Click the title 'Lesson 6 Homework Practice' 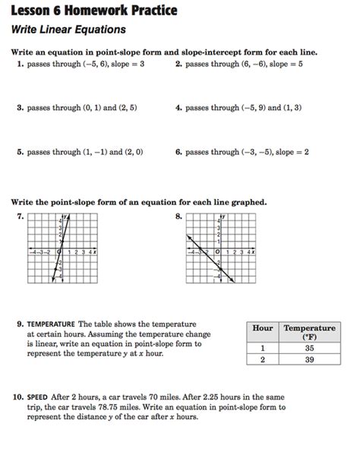(x=94, y=10)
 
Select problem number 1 (x=19, y=65)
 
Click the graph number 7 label (x=19, y=216)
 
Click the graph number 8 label (x=178, y=216)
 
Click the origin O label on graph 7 (x=58, y=251)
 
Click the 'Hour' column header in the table (x=262, y=328)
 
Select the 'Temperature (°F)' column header (x=309, y=332)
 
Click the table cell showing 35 (x=309, y=349)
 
